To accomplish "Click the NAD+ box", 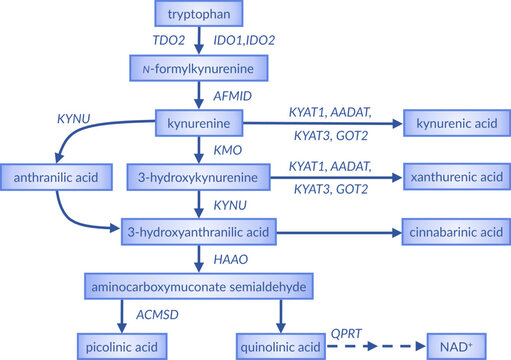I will click(453, 346).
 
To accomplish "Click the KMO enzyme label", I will click(226, 150).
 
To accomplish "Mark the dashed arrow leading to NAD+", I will click(372, 346).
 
